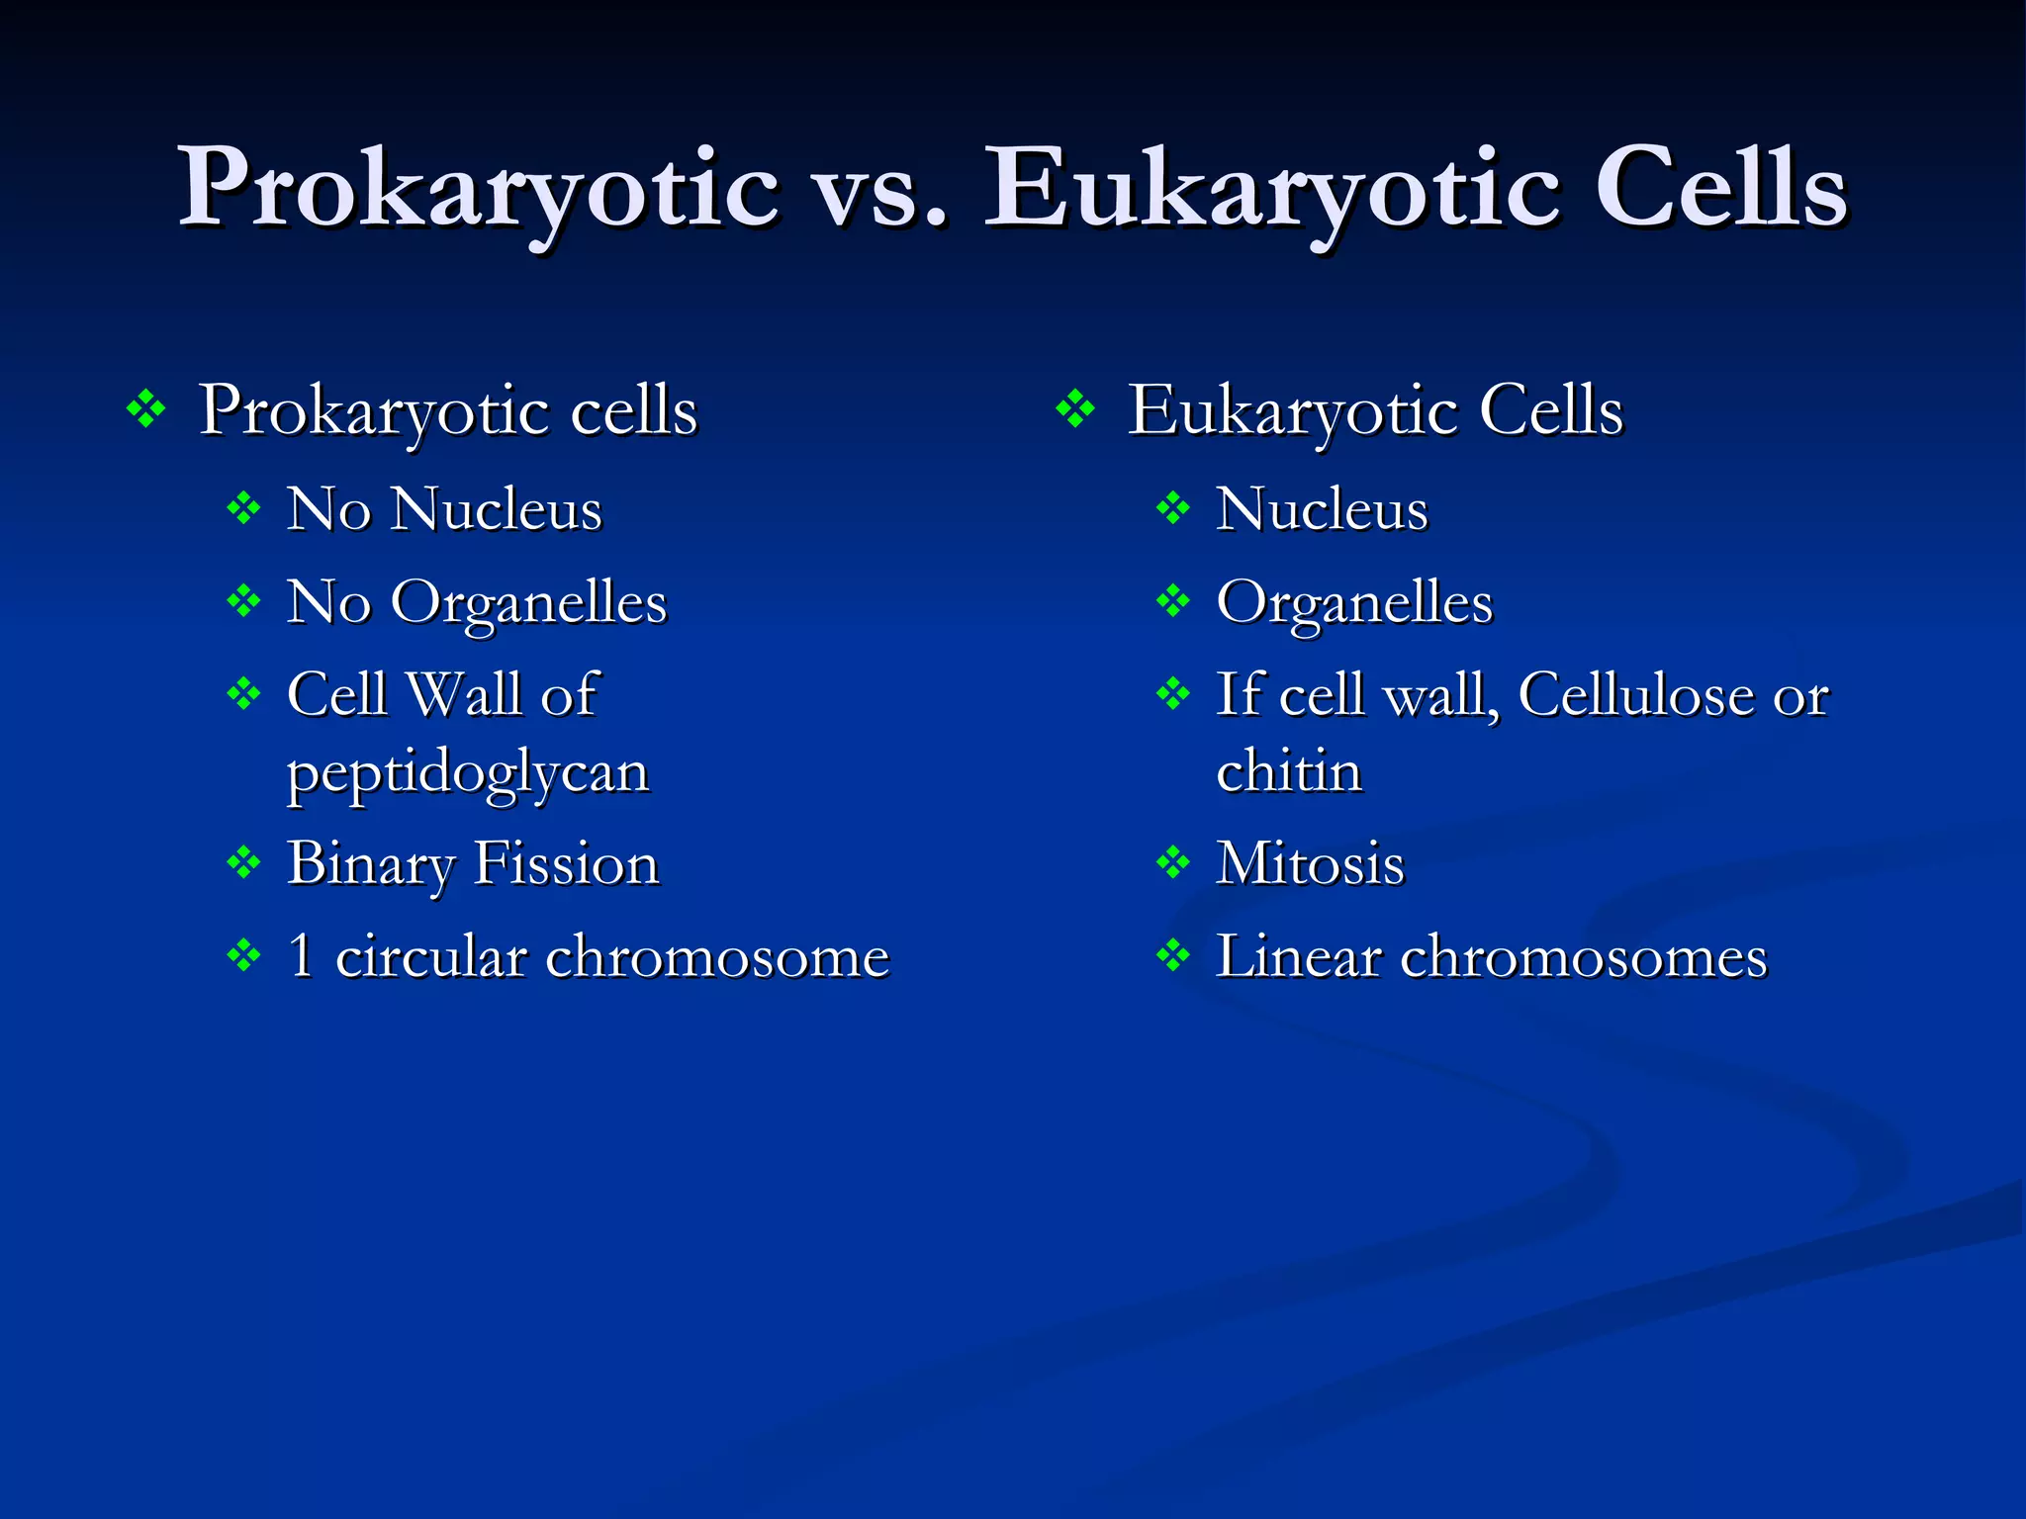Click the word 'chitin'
(1289, 770)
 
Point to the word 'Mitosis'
(1310, 863)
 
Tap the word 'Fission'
(566, 863)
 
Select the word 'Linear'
(1298, 956)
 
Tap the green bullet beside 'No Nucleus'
(243, 509)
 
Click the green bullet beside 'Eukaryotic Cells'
(1075, 409)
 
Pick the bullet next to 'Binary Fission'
(243, 863)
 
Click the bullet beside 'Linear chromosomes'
(1173, 956)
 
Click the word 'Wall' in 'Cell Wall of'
(465, 693)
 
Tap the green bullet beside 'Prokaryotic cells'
(146, 409)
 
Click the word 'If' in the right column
(1239, 693)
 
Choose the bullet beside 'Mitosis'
(1173, 863)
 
